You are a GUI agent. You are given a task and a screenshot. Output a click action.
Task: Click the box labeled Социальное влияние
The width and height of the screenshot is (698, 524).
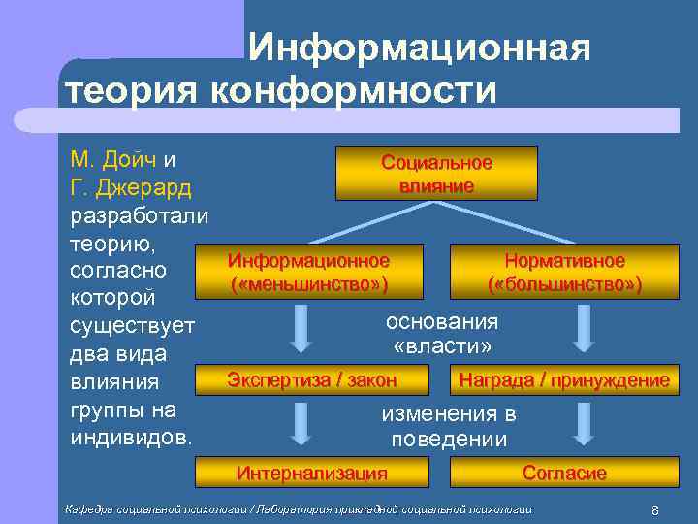pyautogui.click(x=435, y=173)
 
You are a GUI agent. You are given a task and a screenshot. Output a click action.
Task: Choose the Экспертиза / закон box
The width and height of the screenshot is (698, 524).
pyautogui.click(x=311, y=379)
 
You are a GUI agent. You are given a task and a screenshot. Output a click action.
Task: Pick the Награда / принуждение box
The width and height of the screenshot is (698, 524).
pyautogui.click(x=563, y=379)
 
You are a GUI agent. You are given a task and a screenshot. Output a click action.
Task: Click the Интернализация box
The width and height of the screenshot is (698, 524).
pyautogui.click(x=311, y=473)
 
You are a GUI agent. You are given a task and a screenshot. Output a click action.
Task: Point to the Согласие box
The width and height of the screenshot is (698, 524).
pyautogui.click(x=563, y=473)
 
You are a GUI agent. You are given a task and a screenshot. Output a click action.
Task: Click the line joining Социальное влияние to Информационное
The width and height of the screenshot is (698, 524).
pyautogui.click(x=372, y=222)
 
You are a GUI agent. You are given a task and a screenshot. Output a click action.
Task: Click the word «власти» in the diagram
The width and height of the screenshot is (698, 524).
pyautogui.click(x=442, y=346)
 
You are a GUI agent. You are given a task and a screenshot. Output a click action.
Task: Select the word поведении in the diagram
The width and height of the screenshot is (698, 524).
pyautogui.click(x=448, y=440)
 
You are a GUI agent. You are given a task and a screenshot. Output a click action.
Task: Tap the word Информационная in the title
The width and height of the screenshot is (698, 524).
pyautogui.click(x=417, y=49)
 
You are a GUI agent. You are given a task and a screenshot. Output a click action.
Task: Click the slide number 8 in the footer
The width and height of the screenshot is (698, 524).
pyautogui.click(x=655, y=510)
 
